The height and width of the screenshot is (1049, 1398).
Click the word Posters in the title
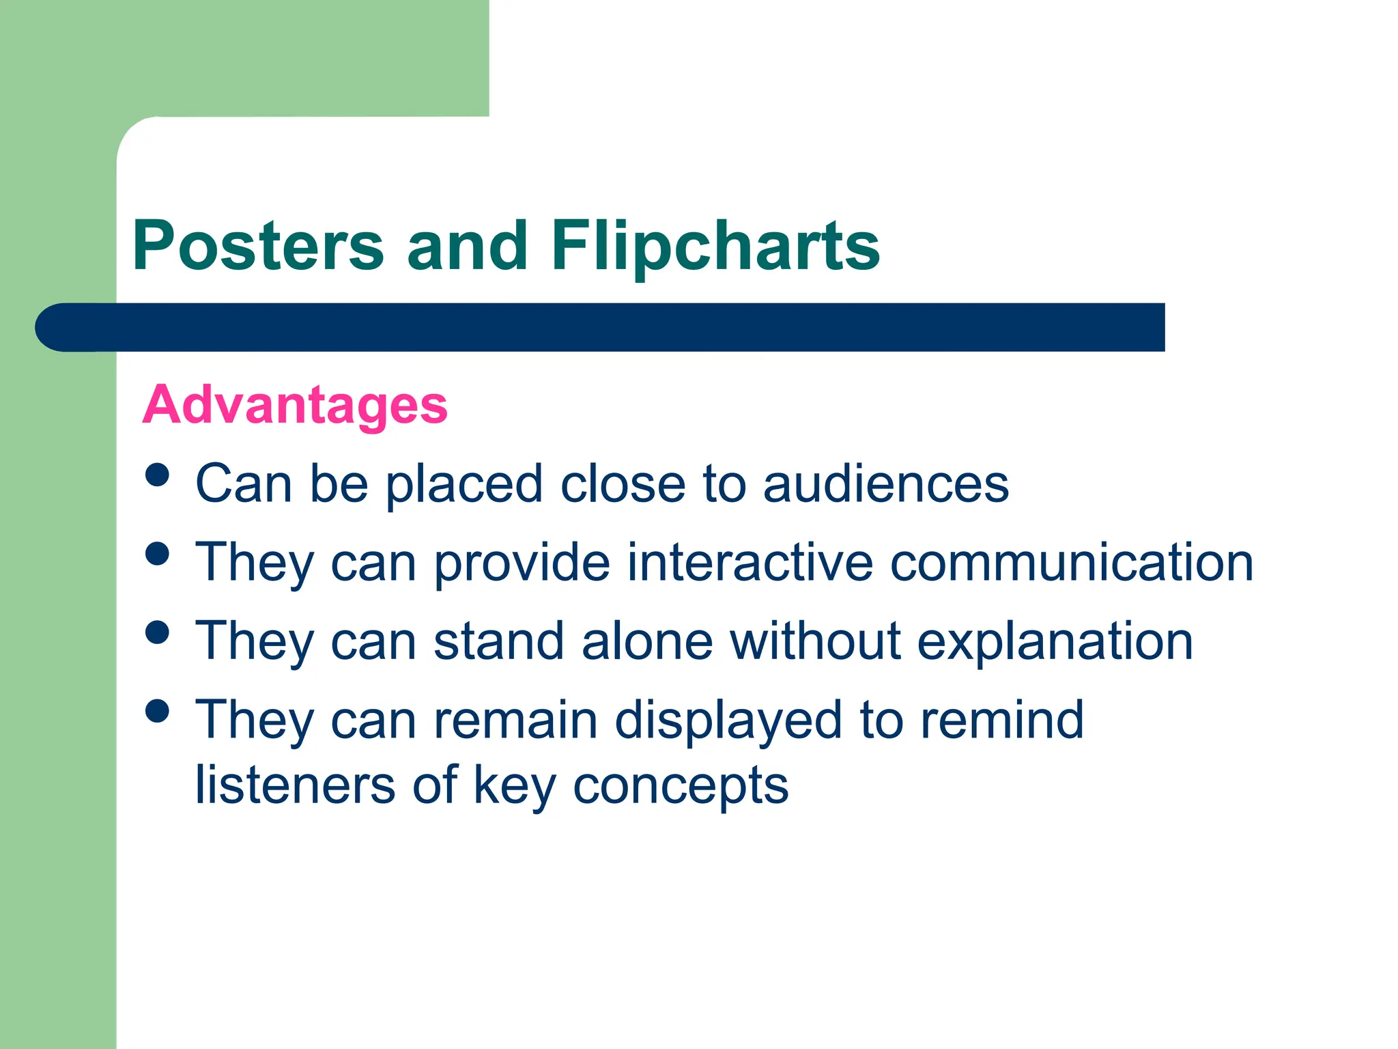click(258, 246)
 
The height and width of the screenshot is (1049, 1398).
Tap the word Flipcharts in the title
click(715, 246)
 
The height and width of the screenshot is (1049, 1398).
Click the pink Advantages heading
click(295, 405)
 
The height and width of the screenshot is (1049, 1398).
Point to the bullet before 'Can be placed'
click(158, 475)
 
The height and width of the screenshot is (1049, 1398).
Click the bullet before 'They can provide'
click(158, 553)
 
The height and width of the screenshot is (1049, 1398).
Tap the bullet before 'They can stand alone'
click(158, 632)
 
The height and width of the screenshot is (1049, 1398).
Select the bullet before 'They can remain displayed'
click(158, 711)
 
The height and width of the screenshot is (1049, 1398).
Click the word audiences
click(885, 484)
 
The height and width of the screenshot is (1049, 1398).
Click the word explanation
click(1055, 642)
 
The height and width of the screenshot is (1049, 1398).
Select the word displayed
click(728, 721)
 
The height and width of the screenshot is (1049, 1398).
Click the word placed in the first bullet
click(464, 485)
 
